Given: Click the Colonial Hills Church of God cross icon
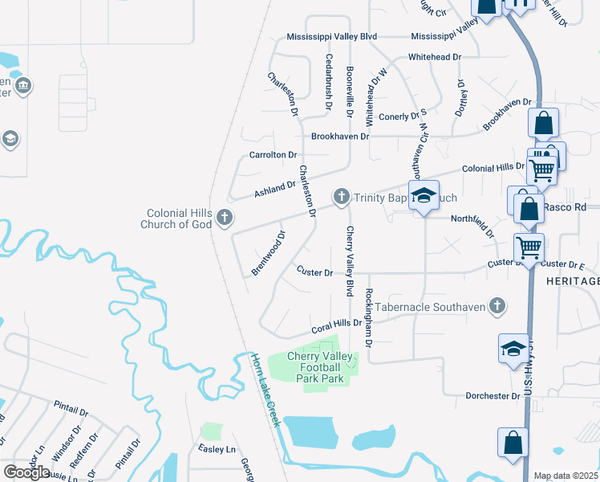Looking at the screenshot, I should tap(225, 217).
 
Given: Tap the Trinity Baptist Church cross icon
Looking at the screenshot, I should tap(341, 196).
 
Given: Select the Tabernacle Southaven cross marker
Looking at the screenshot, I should tap(497, 305).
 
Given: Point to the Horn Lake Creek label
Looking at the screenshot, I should tap(265, 390).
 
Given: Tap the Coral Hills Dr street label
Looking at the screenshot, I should tap(337, 325).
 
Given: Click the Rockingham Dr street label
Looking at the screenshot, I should tap(369, 317).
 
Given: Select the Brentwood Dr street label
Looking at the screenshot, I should tap(269, 254).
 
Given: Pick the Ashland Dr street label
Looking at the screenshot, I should tap(275, 189).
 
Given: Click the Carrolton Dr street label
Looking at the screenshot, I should tap(273, 154).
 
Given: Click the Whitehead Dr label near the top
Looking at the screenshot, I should tap(435, 57).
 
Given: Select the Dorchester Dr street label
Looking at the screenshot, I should tap(493, 396).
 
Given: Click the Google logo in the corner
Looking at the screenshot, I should tap(26, 472).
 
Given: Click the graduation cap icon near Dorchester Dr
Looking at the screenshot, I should tap(513, 349).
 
